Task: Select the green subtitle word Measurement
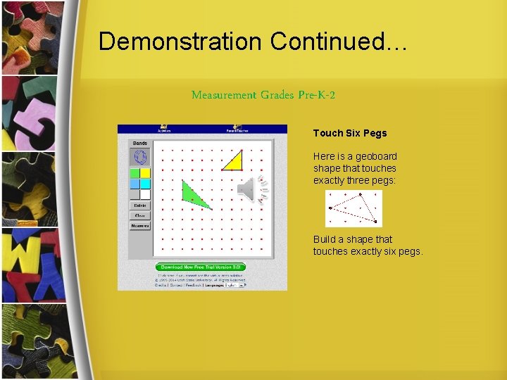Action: (x=224, y=95)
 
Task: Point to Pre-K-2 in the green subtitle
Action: (x=317, y=95)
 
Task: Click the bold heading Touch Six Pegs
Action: (x=350, y=133)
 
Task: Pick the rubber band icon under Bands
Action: (x=139, y=157)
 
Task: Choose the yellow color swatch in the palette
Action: (x=145, y=173)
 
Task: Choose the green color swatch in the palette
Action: (x=134, y=173)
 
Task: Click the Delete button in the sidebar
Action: (x=139, y=205)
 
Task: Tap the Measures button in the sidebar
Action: (x=139, y=226)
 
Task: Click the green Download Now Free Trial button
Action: (x=201, y=267)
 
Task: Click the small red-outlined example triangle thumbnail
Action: (x=353, y=209)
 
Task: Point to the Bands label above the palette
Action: (x=139, y=144)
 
